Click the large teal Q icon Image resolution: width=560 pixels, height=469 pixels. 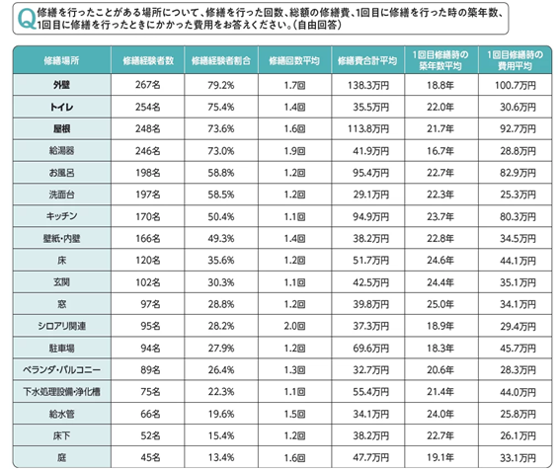(x=26, y=19)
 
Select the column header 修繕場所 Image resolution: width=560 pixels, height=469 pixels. (x=61, y=60)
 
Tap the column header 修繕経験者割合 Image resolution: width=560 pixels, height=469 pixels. (x=221, y=60)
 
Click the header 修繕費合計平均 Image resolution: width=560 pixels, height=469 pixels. (x=367, y=60)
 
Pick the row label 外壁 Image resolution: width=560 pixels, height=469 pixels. (x=61, y=85)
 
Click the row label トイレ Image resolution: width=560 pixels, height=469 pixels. (x=61, y=107)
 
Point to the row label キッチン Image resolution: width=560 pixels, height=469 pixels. (x=61, y=216)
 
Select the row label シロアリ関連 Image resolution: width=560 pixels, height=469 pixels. (x=61, y=326)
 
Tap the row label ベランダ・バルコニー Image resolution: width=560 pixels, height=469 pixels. (x=61, y=370)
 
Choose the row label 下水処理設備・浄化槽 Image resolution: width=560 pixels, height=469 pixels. (x=61, y=392)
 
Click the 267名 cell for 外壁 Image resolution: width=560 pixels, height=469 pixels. (x=148, y=85)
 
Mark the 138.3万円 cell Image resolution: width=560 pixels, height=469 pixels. (x=368, y=85)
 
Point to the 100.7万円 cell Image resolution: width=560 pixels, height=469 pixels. (x=516, y=85)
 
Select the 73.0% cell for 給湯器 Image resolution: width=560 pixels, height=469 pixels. (x=221, y=151)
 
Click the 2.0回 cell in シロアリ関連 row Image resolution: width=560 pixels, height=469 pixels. (x=294, y=326)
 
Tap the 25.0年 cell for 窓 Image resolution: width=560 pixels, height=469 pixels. (x=440, y=304)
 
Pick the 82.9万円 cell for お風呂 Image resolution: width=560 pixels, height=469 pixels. (x=518, y=173)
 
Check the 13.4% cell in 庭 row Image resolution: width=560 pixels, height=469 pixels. (x=221, y=457)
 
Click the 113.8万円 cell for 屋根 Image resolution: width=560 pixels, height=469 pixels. (x=368, y=128)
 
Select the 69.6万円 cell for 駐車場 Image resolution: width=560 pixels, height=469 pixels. (x=371, y=348)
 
